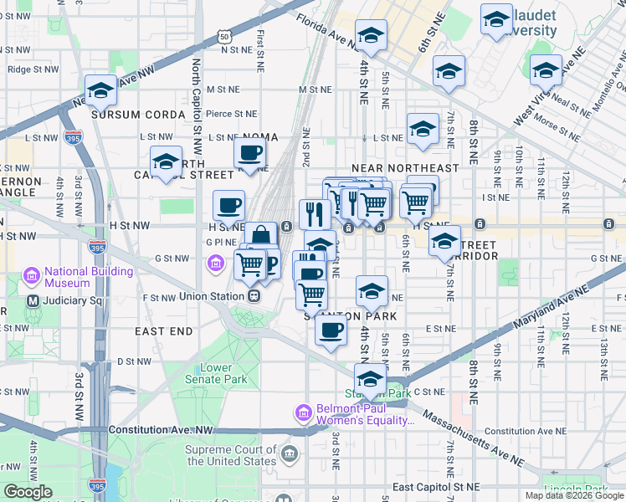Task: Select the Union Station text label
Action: coord(211,296)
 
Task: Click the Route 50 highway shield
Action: coord(223,37)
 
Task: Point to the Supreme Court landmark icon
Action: coord(290,455)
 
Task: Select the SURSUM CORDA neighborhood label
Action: coord(138,114)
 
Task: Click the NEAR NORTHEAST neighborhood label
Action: coord(405,168)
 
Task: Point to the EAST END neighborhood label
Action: coord(164,331)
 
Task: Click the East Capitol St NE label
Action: coord(436,487)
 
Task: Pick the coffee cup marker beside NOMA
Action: coord(249,154)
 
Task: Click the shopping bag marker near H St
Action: coord(261,236)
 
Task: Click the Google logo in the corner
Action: coord(28,492)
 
